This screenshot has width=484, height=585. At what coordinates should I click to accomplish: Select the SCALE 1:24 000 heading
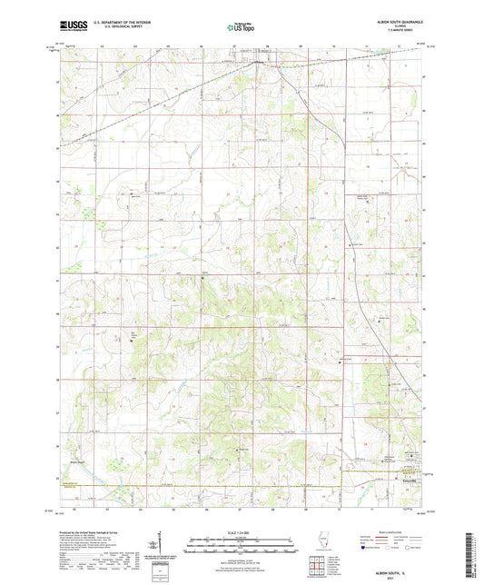click(242, 531)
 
